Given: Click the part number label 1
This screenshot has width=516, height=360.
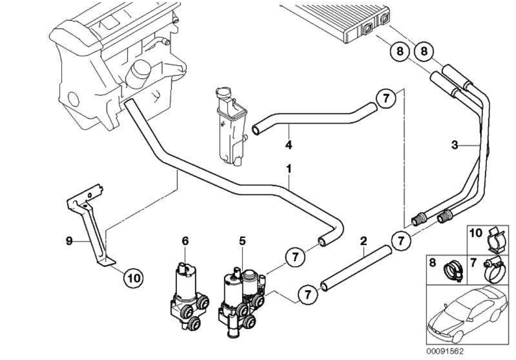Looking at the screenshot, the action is [288, 169].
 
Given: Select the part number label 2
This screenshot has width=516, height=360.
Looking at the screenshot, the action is [363, 241].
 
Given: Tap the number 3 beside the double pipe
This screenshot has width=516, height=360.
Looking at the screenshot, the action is [454, 145].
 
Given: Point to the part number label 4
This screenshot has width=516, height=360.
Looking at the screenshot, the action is [288, 145].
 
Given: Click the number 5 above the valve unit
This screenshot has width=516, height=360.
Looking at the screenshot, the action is [242, 241].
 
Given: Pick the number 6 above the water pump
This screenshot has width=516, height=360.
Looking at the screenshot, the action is [185, 241].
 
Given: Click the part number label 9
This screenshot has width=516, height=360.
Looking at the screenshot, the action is [69, 241].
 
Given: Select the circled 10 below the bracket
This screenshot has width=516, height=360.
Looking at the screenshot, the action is [133, 278].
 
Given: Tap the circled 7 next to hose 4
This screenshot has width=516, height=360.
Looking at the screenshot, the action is [385, 98].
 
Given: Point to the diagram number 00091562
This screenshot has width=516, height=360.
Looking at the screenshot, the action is [445, 351].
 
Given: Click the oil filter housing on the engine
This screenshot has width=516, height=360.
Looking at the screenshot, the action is [138, 74].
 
